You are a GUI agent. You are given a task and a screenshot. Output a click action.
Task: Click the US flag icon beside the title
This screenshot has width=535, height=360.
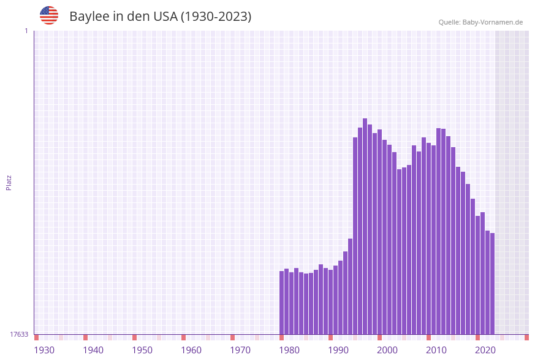(49, 15)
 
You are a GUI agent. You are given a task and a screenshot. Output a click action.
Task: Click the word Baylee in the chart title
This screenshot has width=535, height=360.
(89, 17)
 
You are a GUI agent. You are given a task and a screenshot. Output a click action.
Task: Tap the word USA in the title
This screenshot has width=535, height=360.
(165, 17)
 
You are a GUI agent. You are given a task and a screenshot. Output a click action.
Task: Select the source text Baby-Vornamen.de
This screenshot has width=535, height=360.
(492, 22)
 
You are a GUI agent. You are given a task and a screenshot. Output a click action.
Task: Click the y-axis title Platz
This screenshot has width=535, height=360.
(9, 182)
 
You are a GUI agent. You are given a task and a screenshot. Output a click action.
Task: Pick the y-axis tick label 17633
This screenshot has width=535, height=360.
(19, 334)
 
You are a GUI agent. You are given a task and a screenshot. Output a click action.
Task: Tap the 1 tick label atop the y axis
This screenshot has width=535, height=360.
(26, 31)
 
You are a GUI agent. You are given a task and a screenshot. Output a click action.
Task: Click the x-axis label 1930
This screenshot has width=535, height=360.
(44, 350)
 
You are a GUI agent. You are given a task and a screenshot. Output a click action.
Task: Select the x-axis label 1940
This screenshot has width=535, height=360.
(93, 350)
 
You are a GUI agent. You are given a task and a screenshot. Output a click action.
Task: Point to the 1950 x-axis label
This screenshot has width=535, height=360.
(142, 350)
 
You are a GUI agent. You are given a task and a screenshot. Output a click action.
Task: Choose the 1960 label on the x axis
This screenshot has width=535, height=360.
(191, 350)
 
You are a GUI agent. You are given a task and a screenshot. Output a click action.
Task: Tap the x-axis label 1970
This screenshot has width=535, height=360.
(240, 350)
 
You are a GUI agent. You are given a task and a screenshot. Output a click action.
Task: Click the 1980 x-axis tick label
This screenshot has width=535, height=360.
(289, 350)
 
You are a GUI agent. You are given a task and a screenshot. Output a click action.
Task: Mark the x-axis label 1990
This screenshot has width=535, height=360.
(338, 350)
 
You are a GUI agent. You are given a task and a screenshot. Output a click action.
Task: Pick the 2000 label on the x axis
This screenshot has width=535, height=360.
(387, 350)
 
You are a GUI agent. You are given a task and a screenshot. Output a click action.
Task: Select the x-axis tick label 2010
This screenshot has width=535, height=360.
(436, 350)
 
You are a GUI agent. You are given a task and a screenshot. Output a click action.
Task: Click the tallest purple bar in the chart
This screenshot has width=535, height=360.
(365, 227)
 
